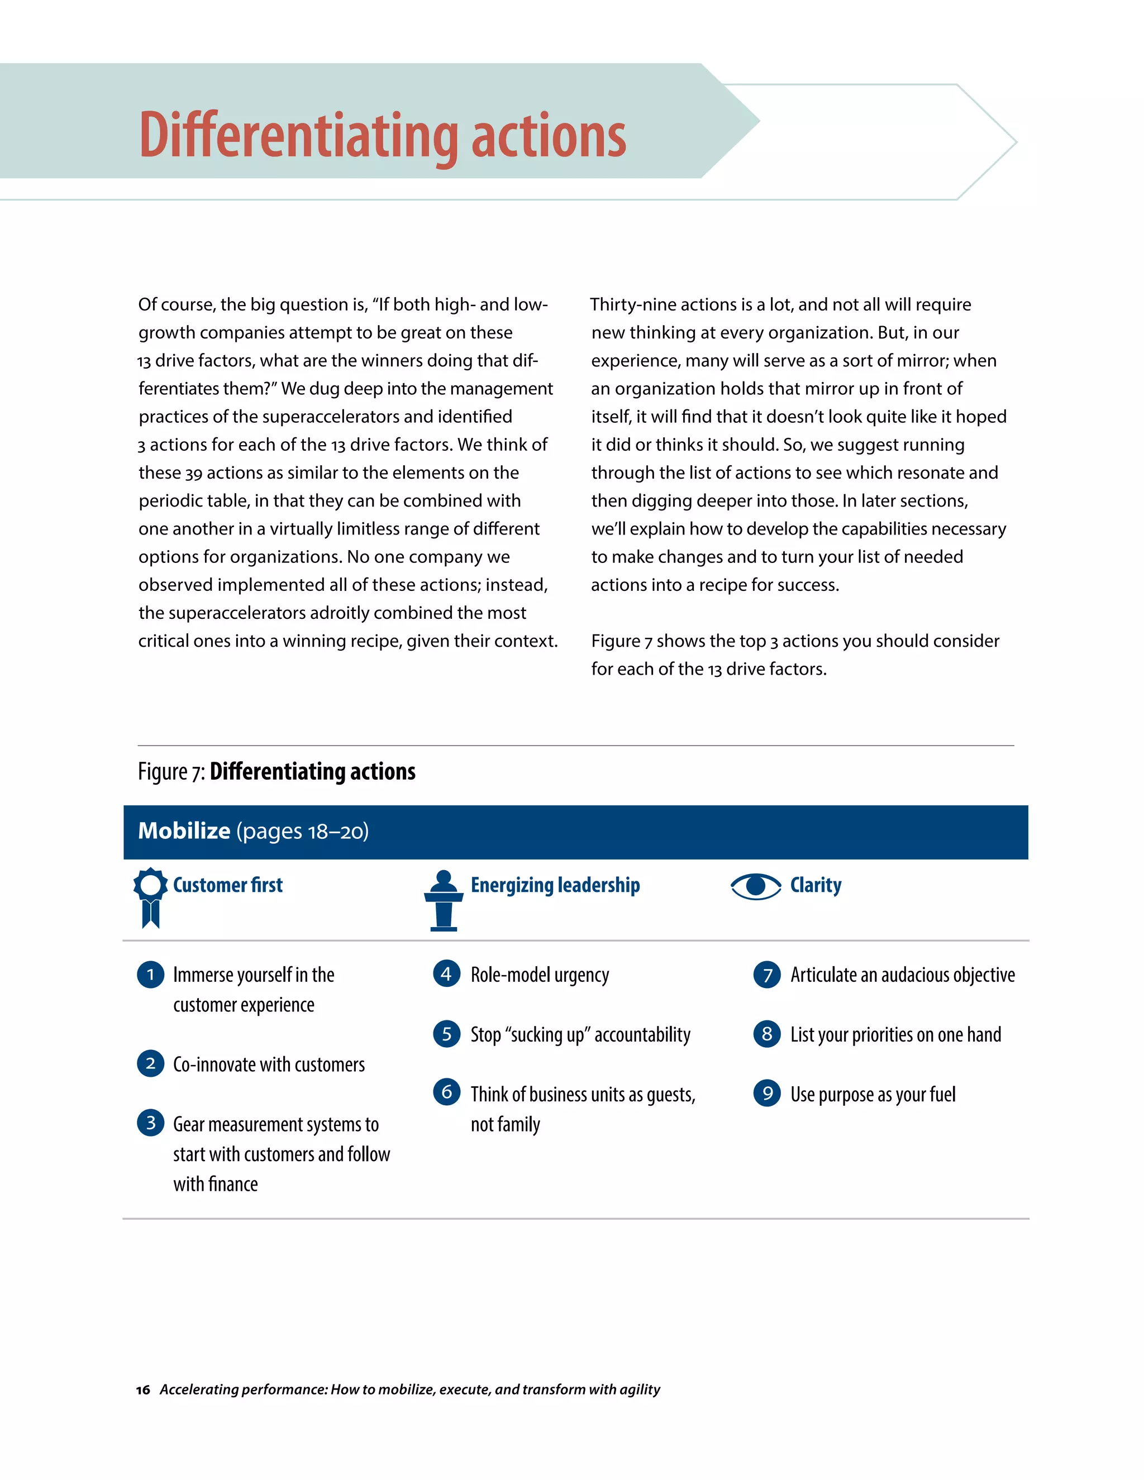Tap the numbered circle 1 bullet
coord(150,975)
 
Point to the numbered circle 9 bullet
coord(767,1093)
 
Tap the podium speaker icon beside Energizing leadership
coord(444,900)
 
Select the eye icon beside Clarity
coord(756,886)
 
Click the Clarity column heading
coord(816,885)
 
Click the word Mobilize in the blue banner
coord(184,831)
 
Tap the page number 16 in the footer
coord(143,1390)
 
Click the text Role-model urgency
coord(540,975)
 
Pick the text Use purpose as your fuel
coord(872,1095)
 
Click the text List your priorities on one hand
coord(895,1035)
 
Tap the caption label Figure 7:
coord(171,772)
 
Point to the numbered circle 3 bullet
coord(150,1123)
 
